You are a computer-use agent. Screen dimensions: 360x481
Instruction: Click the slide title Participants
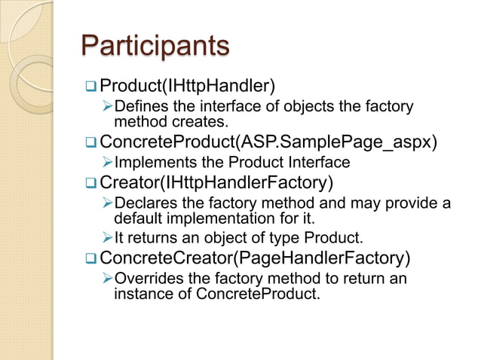(155, 46)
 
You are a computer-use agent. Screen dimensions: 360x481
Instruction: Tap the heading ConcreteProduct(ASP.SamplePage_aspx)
(268, 142)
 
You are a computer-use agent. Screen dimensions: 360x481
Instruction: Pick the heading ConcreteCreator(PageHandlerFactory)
(256, 259)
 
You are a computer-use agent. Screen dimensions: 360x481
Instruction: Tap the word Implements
(153, 162)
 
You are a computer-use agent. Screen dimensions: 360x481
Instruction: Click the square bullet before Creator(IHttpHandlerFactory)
(90, 182)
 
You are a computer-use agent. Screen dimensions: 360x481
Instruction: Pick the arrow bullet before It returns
(107, 239)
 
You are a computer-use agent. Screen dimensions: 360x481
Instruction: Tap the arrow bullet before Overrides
(107, 279)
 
